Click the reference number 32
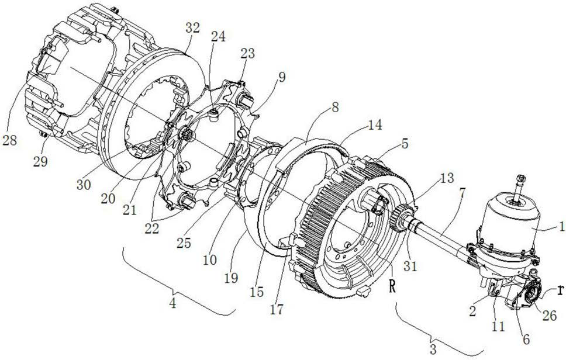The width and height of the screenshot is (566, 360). pyautogui.click(x=192, y=28)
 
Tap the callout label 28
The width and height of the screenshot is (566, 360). pyautogui.click(x=9, y=140)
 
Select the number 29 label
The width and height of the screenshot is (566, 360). pyautogui.click(x=40, y=162)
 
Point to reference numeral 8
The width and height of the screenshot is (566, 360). pyautogui.click(x=336, y=108)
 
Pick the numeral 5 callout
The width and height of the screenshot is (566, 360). pyautogui.click(x=405, y=144)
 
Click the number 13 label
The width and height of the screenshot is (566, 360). pyautogui.click(x=447, y=178)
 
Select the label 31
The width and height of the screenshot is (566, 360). pyautogui.click(x=410, y=266)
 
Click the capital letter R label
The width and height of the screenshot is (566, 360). pyautogui.click(x=392, y=287)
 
